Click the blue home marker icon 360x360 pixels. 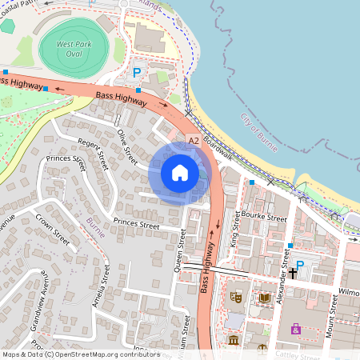pyautogui.click(x=180, y=173)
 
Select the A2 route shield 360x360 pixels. pyautogui.click(x=194, y=140)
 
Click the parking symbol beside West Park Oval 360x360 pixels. pyautogui.click(x=137, y=73)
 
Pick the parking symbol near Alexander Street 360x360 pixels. pyautogui.click(x=301, y=265)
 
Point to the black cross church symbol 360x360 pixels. pyautogui.click(x=293, y=273)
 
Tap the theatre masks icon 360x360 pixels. pyautogui.click(x=236, y=296)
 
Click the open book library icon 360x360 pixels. pyautogui.click(x=263, y=298)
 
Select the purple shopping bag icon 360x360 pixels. pyautogui.click(x=296, y=328)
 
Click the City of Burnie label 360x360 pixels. pyautogui.click(x=258, y=129)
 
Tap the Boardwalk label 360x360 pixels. pyautogui.click(x=217, y=147)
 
